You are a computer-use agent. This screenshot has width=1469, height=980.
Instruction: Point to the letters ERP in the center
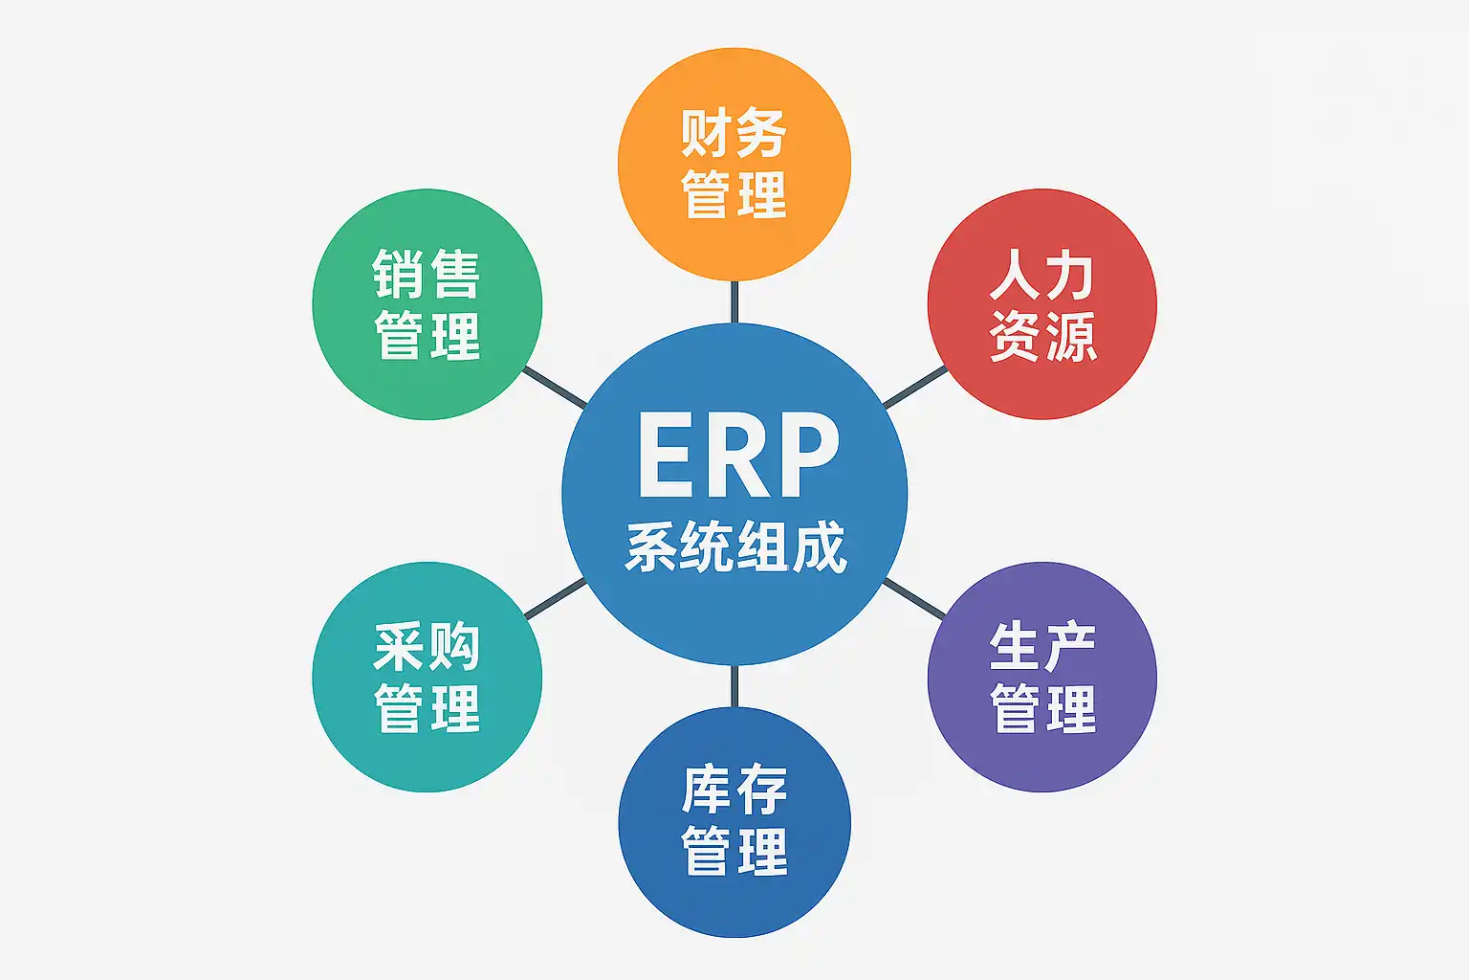tap(737, 456)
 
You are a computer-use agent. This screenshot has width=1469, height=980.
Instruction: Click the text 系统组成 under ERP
tap(735, 548)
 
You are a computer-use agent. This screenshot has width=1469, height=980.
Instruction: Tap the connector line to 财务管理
tap(734, 301)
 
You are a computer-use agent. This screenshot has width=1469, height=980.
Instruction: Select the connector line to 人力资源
tap(915, 388)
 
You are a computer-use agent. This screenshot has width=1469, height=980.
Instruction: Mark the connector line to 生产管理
tap(914, 598)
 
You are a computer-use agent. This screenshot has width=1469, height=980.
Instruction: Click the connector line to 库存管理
tap(734, 687)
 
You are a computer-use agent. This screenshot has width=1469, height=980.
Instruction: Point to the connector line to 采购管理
tap(556, 598)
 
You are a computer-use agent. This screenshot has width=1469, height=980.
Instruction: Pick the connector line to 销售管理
tap(555, 388)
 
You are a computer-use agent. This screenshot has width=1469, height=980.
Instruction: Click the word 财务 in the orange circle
tap(734, 133)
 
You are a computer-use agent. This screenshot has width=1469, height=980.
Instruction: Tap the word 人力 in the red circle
tap(1042, 276)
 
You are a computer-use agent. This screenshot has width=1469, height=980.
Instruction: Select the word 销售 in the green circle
tap(427, 276)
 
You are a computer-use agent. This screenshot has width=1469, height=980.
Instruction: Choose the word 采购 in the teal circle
tap(427, 648)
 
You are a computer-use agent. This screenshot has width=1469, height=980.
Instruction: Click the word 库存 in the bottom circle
tap(734, 791)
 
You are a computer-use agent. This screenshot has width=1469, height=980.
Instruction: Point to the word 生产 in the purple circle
tap(1042, 648)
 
